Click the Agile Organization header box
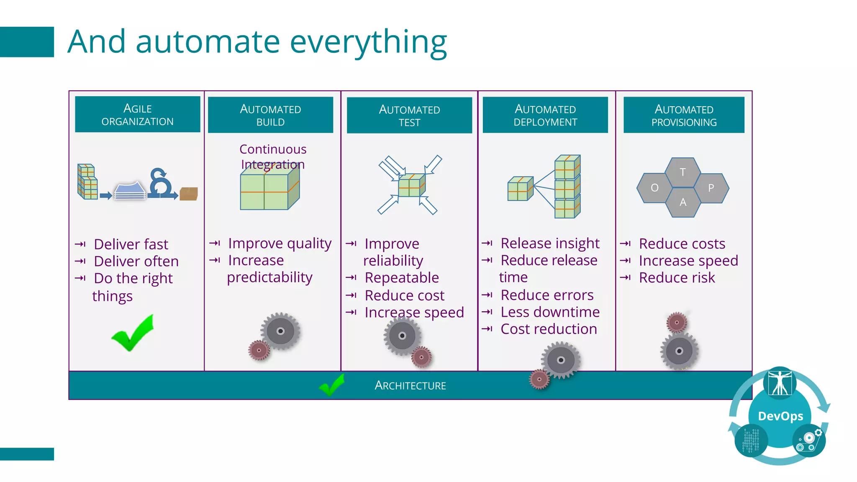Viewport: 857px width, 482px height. click(137, 114)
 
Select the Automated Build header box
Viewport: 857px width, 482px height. click(270, 115)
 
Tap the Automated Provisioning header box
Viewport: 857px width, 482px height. click(684, 115)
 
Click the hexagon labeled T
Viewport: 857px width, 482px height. click(683, 172)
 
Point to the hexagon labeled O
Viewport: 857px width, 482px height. click(654, 188)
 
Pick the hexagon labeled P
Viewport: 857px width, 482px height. click(711, 188)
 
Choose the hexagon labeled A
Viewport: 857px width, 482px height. click(683, 203)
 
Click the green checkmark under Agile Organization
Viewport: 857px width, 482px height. click(133, 333)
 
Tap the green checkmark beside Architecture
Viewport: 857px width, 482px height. click(332, 385)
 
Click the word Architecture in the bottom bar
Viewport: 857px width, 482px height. click(410, 385)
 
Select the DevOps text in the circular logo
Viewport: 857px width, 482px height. click(780, 416)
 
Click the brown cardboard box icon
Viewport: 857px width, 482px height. click(188, 194)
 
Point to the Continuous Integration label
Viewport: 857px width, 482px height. click(273, 156)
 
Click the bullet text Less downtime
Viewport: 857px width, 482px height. click(550, 312)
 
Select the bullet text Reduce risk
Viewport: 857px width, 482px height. click(677, 278)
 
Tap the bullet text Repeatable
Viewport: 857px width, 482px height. click(401, 278)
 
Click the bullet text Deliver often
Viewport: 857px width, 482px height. click(136, 262)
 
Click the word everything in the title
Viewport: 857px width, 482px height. click(368, 42)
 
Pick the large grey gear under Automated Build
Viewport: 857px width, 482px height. click(280, 331)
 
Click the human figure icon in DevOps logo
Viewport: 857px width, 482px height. click(780, 382)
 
